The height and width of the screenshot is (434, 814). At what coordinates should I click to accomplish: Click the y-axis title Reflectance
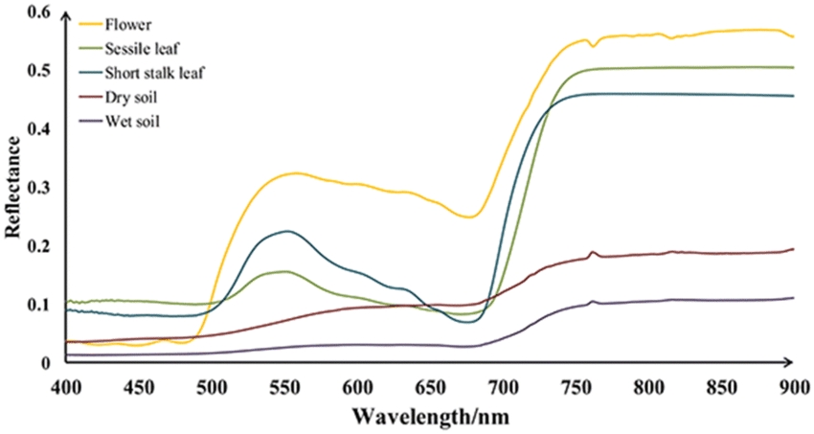pyautogui.click(x=14, y=186)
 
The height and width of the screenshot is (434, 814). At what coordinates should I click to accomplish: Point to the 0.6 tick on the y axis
pyautogui.click(x=37, y=11)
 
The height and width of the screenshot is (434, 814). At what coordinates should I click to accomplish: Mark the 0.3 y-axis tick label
pyautogui.click(x=37, y=187)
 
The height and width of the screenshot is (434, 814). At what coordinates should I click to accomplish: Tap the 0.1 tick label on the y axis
pyautogui.click(x=37, y=305)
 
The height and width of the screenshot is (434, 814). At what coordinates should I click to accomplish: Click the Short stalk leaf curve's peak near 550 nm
pyautogui.click(x=285, y=231)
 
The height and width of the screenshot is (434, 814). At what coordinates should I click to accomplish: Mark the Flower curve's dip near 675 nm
pyautogui.click(x=469, y=217)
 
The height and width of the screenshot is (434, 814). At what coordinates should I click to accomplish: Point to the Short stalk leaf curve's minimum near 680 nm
pyautogui.click(x=468, y=323)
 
